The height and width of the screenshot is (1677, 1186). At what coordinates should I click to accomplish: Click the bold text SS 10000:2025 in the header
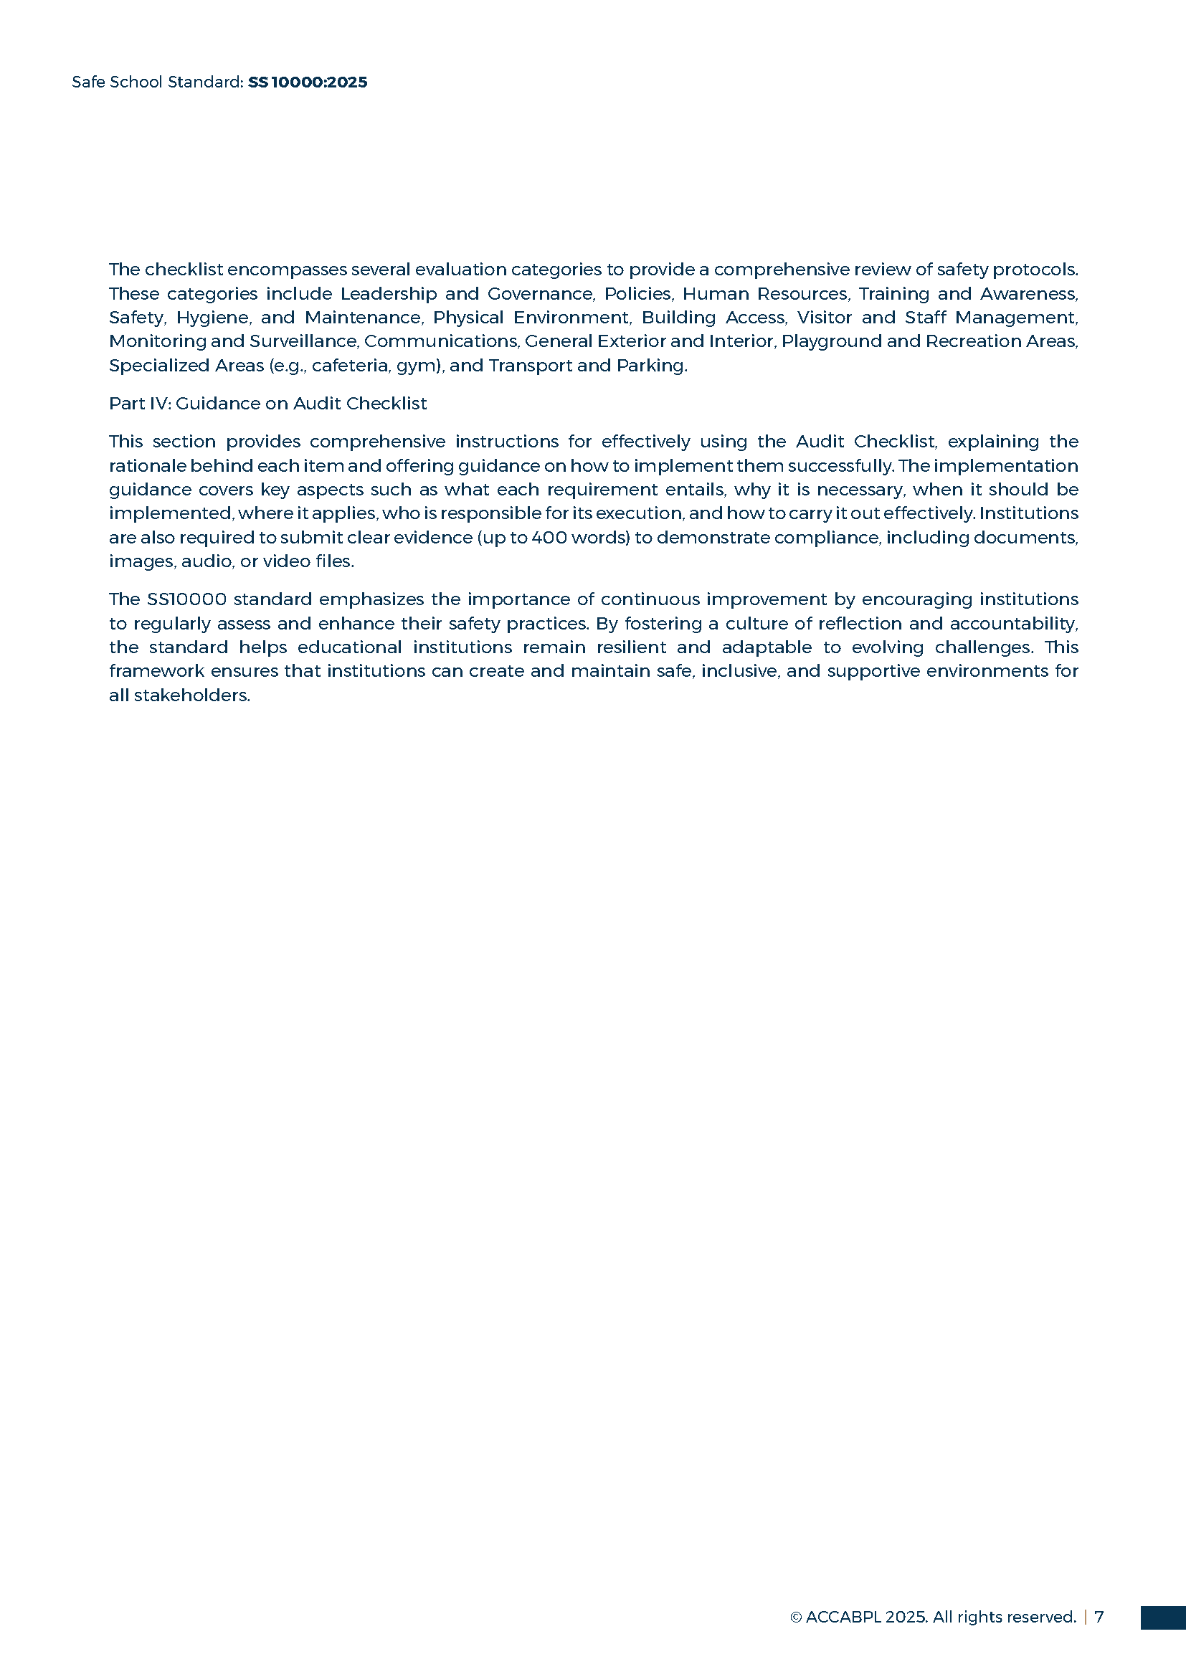pyautogui.click(x=308, y=82)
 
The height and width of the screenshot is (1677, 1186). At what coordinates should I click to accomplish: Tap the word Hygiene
pyautogui.click(x=212, y=318)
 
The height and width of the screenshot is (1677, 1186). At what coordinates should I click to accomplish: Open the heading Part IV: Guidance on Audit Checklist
pyautogui.click(x=267, y=403)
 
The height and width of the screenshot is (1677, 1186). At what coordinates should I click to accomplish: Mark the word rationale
pyautogui.click(x=147, y=465)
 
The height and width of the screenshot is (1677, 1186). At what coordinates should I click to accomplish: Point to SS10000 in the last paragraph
pyautogui.click(x=186, y=599)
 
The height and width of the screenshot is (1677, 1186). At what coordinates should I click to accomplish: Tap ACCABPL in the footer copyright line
pyautogui.click(x=843, y=1617)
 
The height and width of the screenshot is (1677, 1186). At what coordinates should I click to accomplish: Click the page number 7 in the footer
pyautogui.click(x=1099, y=1617)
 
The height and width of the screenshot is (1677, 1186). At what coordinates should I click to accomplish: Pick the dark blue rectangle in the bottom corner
pyautogui.click(x=1162, y=1617)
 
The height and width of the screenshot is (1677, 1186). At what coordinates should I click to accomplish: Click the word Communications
pyautogui.click(x=441, y=341)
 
